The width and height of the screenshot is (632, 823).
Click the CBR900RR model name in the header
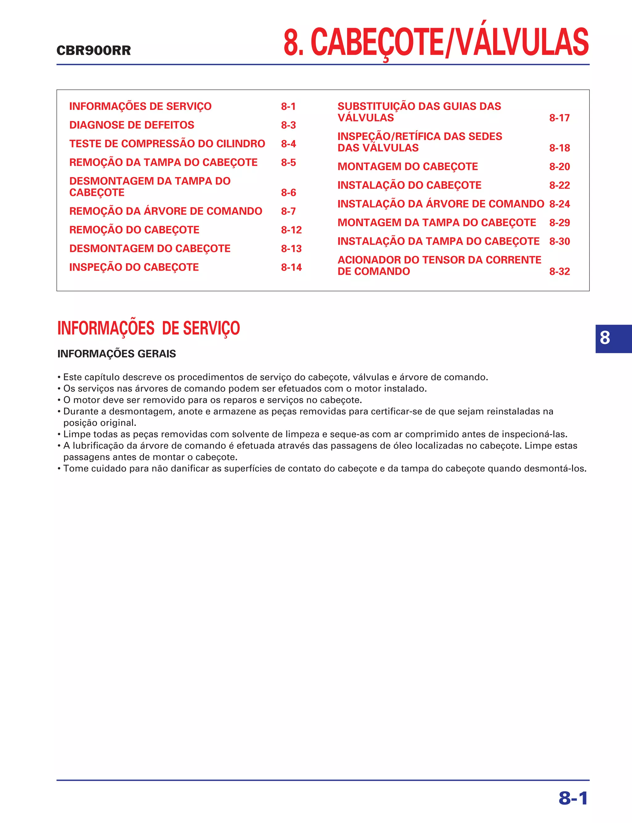coord(94,50)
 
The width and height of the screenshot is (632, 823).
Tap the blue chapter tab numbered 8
coord(605,338)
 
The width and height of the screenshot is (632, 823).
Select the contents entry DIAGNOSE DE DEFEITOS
coord(132,125)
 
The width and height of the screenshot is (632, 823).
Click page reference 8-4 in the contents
coord(288,144)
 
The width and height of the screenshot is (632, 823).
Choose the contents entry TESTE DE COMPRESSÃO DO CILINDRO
coord(167,144)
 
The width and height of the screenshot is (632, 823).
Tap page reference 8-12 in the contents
coord(291,230)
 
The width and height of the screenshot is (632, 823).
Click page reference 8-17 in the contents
coord(559,118)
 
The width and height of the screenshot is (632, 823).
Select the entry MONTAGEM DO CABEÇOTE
coord(407,166)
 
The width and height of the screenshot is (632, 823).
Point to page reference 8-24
coord(559,204)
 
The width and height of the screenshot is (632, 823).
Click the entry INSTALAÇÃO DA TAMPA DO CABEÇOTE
coord(438,241)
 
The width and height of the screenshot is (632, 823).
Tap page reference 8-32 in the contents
coord(559,271)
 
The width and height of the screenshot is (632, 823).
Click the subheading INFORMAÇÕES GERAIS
coord(117,354)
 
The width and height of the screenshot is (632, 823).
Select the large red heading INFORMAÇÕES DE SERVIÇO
coord(149,328)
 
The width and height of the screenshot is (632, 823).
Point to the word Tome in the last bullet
coord(74,469)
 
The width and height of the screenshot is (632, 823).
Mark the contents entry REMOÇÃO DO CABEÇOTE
coord(134,230)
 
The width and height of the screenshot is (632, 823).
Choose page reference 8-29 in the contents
coord(559,223)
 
